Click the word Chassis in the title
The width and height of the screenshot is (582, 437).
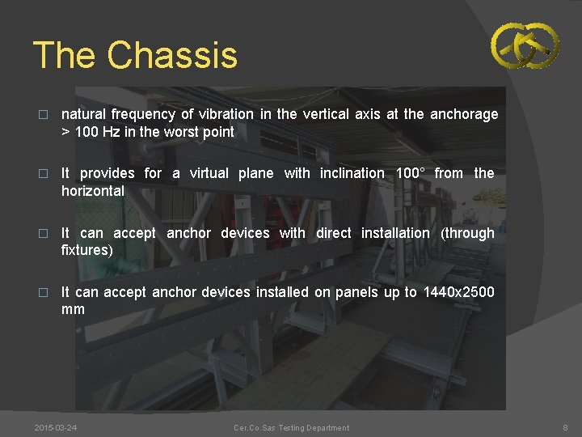point(172,55)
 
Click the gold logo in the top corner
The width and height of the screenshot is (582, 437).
point(525,45)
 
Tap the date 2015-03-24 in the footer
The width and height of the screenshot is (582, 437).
point(57,427)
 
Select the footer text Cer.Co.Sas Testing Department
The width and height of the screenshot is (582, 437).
point(291,427)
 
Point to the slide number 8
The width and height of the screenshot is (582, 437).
point(564,427)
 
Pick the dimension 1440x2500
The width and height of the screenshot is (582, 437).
point(458,292)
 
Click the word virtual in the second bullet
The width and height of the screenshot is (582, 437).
point(213,173)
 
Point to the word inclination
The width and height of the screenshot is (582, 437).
point(352,173)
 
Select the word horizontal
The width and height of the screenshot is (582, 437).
point(93,191)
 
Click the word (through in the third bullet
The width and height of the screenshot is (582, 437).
point(467,233)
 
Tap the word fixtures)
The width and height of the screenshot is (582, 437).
point(86,250)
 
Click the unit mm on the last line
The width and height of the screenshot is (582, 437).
point(73,310)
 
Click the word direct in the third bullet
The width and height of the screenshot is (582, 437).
point(333,233)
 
